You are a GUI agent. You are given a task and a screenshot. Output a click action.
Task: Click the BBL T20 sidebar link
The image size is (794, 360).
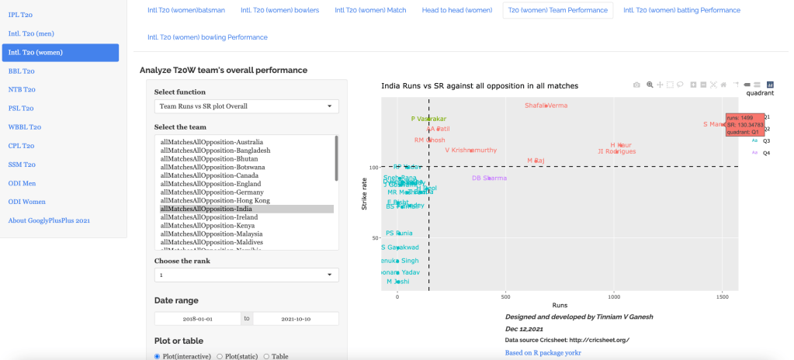click(22, 71)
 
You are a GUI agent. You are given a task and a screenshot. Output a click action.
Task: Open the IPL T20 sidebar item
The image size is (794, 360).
click(22, 15)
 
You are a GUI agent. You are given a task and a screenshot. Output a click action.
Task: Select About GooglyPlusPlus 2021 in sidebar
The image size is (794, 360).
click(49, 220)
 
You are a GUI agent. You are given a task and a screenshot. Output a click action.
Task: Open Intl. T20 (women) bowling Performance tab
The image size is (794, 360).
click(207, 37)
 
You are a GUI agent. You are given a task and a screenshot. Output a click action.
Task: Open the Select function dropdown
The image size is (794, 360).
click(246, 106)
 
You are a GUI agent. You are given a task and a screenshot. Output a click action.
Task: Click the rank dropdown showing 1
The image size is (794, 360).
click(246, 275)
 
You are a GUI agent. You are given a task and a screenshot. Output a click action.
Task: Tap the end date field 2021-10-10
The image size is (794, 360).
click(296, 318)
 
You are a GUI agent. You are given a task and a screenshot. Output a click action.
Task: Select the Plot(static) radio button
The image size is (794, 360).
click(220, 356)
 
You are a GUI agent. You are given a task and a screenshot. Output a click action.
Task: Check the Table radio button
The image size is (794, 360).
click(268, 356)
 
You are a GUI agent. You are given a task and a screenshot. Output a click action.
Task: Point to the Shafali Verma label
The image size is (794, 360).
click(546, 106)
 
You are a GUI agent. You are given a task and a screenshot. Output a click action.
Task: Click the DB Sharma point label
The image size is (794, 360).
click(489, 178)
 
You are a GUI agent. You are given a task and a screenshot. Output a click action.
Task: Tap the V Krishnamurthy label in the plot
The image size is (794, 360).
click(470, 151)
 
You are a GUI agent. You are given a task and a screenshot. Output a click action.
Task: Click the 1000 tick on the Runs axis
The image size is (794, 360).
click(614, 296)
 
